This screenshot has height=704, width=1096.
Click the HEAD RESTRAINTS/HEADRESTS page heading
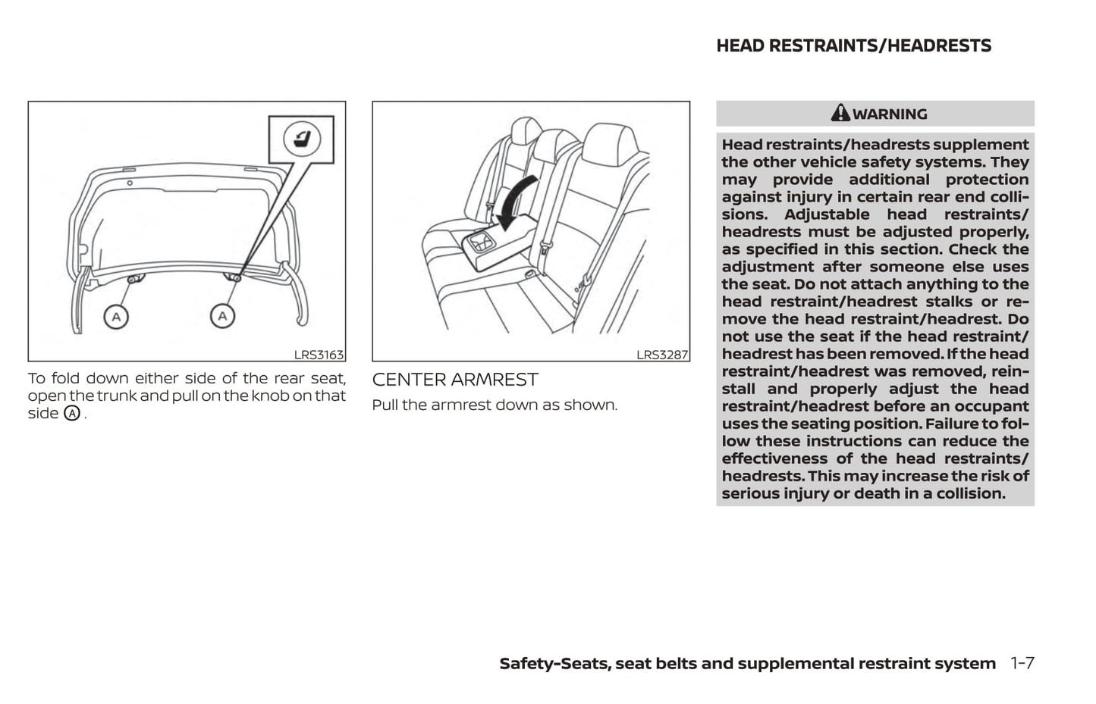click(853, 46)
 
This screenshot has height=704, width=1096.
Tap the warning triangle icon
click(840, 114)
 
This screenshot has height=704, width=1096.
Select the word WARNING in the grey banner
click(890, 114)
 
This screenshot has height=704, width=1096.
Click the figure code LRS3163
click(319, 355)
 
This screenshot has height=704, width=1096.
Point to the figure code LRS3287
click(661, 355)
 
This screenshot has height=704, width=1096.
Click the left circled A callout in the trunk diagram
click(116, 316)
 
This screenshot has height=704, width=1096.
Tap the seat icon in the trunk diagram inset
click(302, 139)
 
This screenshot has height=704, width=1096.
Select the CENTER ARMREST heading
click(455, 380)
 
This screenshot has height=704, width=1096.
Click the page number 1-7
click(1022, 663)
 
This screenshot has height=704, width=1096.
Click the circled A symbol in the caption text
click(72, 414)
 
